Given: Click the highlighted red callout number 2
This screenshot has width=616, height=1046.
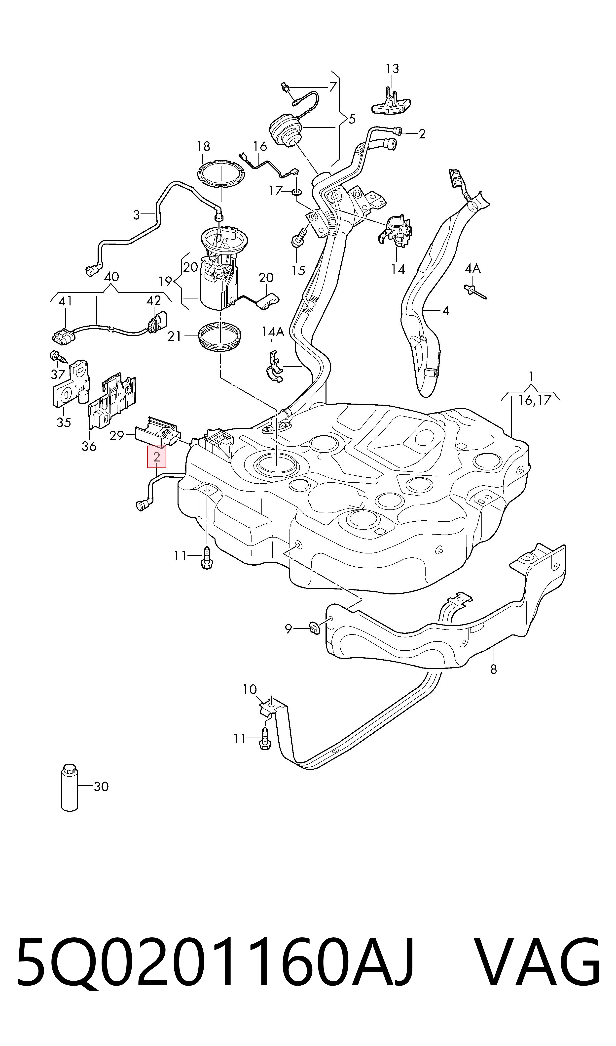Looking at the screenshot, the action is (156, 457).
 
